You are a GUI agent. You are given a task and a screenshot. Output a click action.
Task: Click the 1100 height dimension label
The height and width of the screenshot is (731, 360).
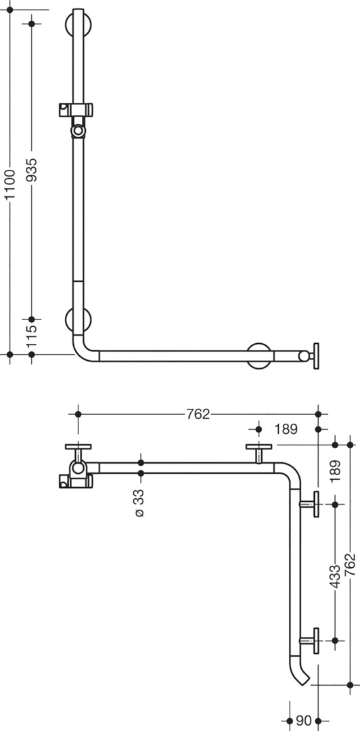click(10, 184)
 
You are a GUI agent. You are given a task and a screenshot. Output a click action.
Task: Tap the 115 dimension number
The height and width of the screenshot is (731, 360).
click(31, 336)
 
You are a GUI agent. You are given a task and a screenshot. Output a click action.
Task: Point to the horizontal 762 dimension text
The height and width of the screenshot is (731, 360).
click(198, 414)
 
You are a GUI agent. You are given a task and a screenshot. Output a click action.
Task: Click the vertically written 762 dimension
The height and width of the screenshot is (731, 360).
click(351, 565)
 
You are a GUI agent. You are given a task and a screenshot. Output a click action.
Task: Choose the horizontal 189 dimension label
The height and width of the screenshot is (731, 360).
click(286, 429)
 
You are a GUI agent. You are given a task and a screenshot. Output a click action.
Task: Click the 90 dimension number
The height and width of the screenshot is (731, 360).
click(304, 722)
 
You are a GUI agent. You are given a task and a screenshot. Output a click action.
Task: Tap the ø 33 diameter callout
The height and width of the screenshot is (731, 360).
click(139, 503)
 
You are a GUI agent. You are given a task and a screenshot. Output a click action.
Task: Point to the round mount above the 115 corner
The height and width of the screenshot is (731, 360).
click(78, 319)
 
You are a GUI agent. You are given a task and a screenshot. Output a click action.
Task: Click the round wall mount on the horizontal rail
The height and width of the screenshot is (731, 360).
click(259, 356)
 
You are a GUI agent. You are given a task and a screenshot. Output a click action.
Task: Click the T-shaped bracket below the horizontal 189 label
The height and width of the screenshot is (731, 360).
click(258, 453)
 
